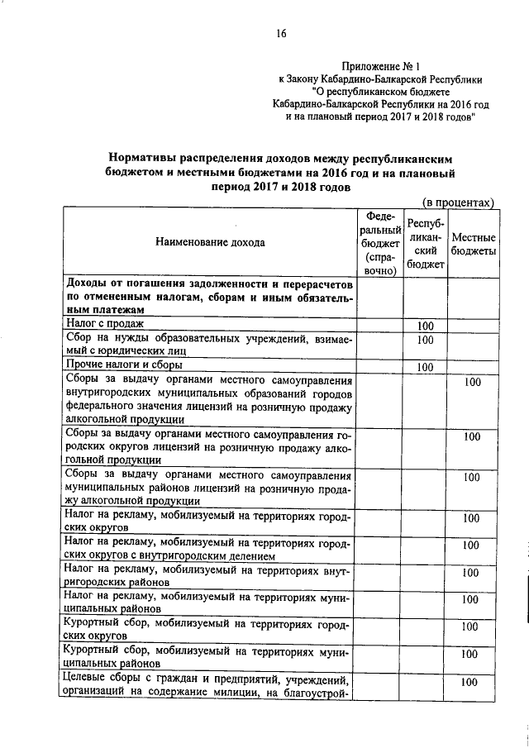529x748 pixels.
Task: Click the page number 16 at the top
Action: (x=280, y=33)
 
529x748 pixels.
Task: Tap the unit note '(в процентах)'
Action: (x=459, y=201)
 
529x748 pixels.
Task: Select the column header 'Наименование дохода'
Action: (x=209, y=243)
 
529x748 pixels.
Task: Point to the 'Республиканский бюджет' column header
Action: (x=425, y=244)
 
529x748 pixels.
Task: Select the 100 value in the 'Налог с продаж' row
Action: (x=425, y=325)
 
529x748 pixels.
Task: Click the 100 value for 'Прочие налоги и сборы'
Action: (x=425, y=367)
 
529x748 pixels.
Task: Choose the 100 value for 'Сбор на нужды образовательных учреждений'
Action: (x=425, y=339)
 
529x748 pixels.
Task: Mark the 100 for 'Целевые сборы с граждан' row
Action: (x=470, y=682)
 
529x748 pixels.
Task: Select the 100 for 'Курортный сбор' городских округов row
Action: (x=470, y=627)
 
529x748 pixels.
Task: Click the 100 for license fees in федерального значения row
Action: (x=472, y=383)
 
